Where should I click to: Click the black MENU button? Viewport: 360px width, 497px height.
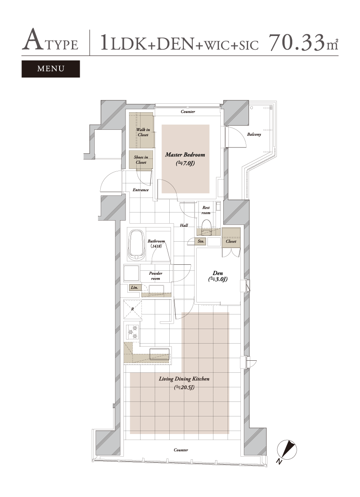click(51, 69)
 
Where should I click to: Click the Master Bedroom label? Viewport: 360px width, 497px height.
click(185, 155)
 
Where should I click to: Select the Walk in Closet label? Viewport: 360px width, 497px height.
click(143, 132)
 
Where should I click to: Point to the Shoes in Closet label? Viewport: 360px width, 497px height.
click(141, 160)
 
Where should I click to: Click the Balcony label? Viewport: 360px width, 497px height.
click(254, 135)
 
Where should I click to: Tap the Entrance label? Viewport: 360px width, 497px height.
click(141, 190)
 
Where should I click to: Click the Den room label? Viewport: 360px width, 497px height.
click(218, 273)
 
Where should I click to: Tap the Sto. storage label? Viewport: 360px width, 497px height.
click(201, 241)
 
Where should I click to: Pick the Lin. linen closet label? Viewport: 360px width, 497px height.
click(135, 287)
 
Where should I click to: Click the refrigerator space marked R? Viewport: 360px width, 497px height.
click(132, 309)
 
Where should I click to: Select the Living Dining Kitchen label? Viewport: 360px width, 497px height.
click(184, 379)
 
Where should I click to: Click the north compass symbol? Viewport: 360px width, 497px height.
click(287, 451)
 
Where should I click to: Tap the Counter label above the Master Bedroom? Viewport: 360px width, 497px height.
click(188, 111)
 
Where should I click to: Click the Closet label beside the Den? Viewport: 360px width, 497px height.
click(231, 241)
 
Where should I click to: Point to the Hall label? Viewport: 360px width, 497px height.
click(184, 225)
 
